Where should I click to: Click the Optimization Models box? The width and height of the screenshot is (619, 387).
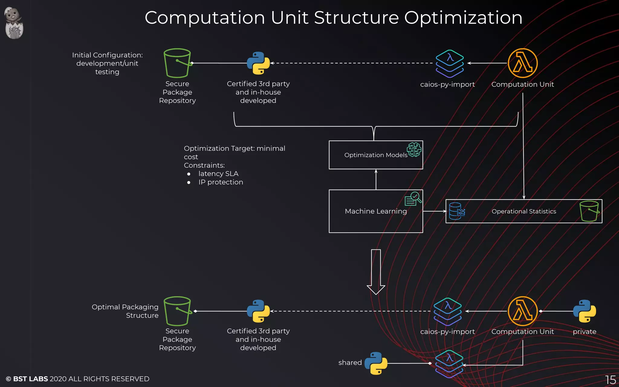[375, 155]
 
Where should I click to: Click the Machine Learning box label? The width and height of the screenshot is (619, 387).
[376, 211]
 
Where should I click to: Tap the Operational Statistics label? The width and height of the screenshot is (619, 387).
[523, 211]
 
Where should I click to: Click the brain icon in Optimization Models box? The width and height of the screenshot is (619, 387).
[414, 149]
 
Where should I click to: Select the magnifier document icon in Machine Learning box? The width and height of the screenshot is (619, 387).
[413, 199]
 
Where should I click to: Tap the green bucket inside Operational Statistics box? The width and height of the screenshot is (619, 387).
[589, 211]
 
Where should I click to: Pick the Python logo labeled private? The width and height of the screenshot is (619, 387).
[584, 311]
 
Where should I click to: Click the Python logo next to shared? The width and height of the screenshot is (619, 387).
[376, 363]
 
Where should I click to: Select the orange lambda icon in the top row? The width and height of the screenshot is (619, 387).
[523, 63]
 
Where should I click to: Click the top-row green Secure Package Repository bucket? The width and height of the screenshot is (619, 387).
[177, 63]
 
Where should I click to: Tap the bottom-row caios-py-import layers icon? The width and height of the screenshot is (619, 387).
[448, 311]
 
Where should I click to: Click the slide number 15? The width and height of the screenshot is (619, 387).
[610, 380]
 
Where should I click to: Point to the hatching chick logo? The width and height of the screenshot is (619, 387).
[14, 23]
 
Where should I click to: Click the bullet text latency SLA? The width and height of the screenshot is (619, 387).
[218, 174]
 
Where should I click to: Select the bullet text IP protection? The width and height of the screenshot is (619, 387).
[221, 182]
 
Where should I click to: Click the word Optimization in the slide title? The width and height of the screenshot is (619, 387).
[463, 18]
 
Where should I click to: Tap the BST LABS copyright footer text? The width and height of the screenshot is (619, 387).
[77, 379]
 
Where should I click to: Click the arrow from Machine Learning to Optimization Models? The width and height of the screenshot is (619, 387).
[376, 180]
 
